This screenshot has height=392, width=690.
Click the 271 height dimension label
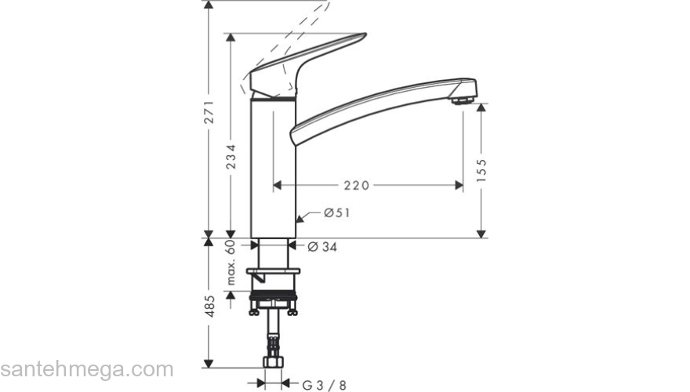[x=209, y=116]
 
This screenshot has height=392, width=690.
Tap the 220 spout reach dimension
[x=356, y=186]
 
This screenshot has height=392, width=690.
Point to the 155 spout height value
[x=481, y=172]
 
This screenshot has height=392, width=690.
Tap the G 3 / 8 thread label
[x=325, y=384]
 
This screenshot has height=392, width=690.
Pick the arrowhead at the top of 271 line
[x=209, y=5]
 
